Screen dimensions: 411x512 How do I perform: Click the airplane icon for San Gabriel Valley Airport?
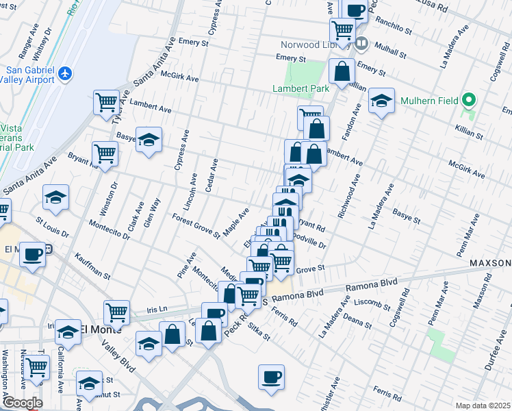tap(65, 73)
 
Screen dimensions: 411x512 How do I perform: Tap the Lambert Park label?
tap(300, 88)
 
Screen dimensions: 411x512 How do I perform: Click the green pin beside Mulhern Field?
tap(469, 101)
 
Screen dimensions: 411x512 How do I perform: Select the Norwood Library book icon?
tap(362, 44)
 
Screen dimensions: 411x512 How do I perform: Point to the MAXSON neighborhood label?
tap(489, 263)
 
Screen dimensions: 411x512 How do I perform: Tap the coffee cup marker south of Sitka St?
tap(272, 377)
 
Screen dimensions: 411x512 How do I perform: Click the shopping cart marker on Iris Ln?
tap(117, 312)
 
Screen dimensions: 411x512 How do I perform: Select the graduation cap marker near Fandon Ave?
tap(381, 102)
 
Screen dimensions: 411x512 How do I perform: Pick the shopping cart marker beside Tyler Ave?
tap(106, 102)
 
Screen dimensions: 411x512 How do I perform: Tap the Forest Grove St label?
tap(196, 227)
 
